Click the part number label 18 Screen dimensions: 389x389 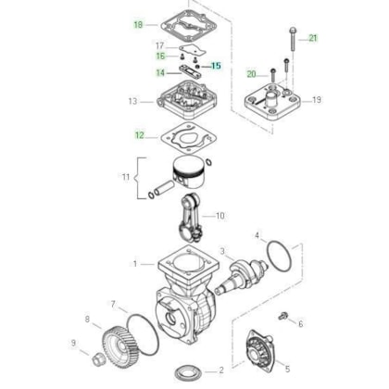pyautogui.click(x=138, y=24)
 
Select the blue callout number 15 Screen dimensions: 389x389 pyautogui.click(x=216, y=66)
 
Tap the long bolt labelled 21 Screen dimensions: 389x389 pyautogui.click(x=293, y=40)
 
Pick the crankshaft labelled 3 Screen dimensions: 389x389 pyautogui.click(x=243, y=275)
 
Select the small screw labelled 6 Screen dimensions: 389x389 pyautogui.click(x=282, y=316)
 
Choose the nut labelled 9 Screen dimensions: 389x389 pyautogui.click(x=98, y=358)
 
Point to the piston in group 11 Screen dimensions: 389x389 pyautogui.click(x=188, y=172)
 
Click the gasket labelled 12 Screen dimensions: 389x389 pyautogui.click(x=188, y=137)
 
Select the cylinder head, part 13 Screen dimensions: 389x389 pyautogui.click(x=185, y=99)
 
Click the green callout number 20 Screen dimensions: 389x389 pyautogui.click(x=251, y=74)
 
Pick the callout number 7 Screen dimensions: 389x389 pyautogui.click(x=113, y=305)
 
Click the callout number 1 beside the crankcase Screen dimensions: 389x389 pyautogui.click(x=135, y=264)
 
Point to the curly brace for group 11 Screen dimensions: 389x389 pyautogui.click(x=137, y=178)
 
